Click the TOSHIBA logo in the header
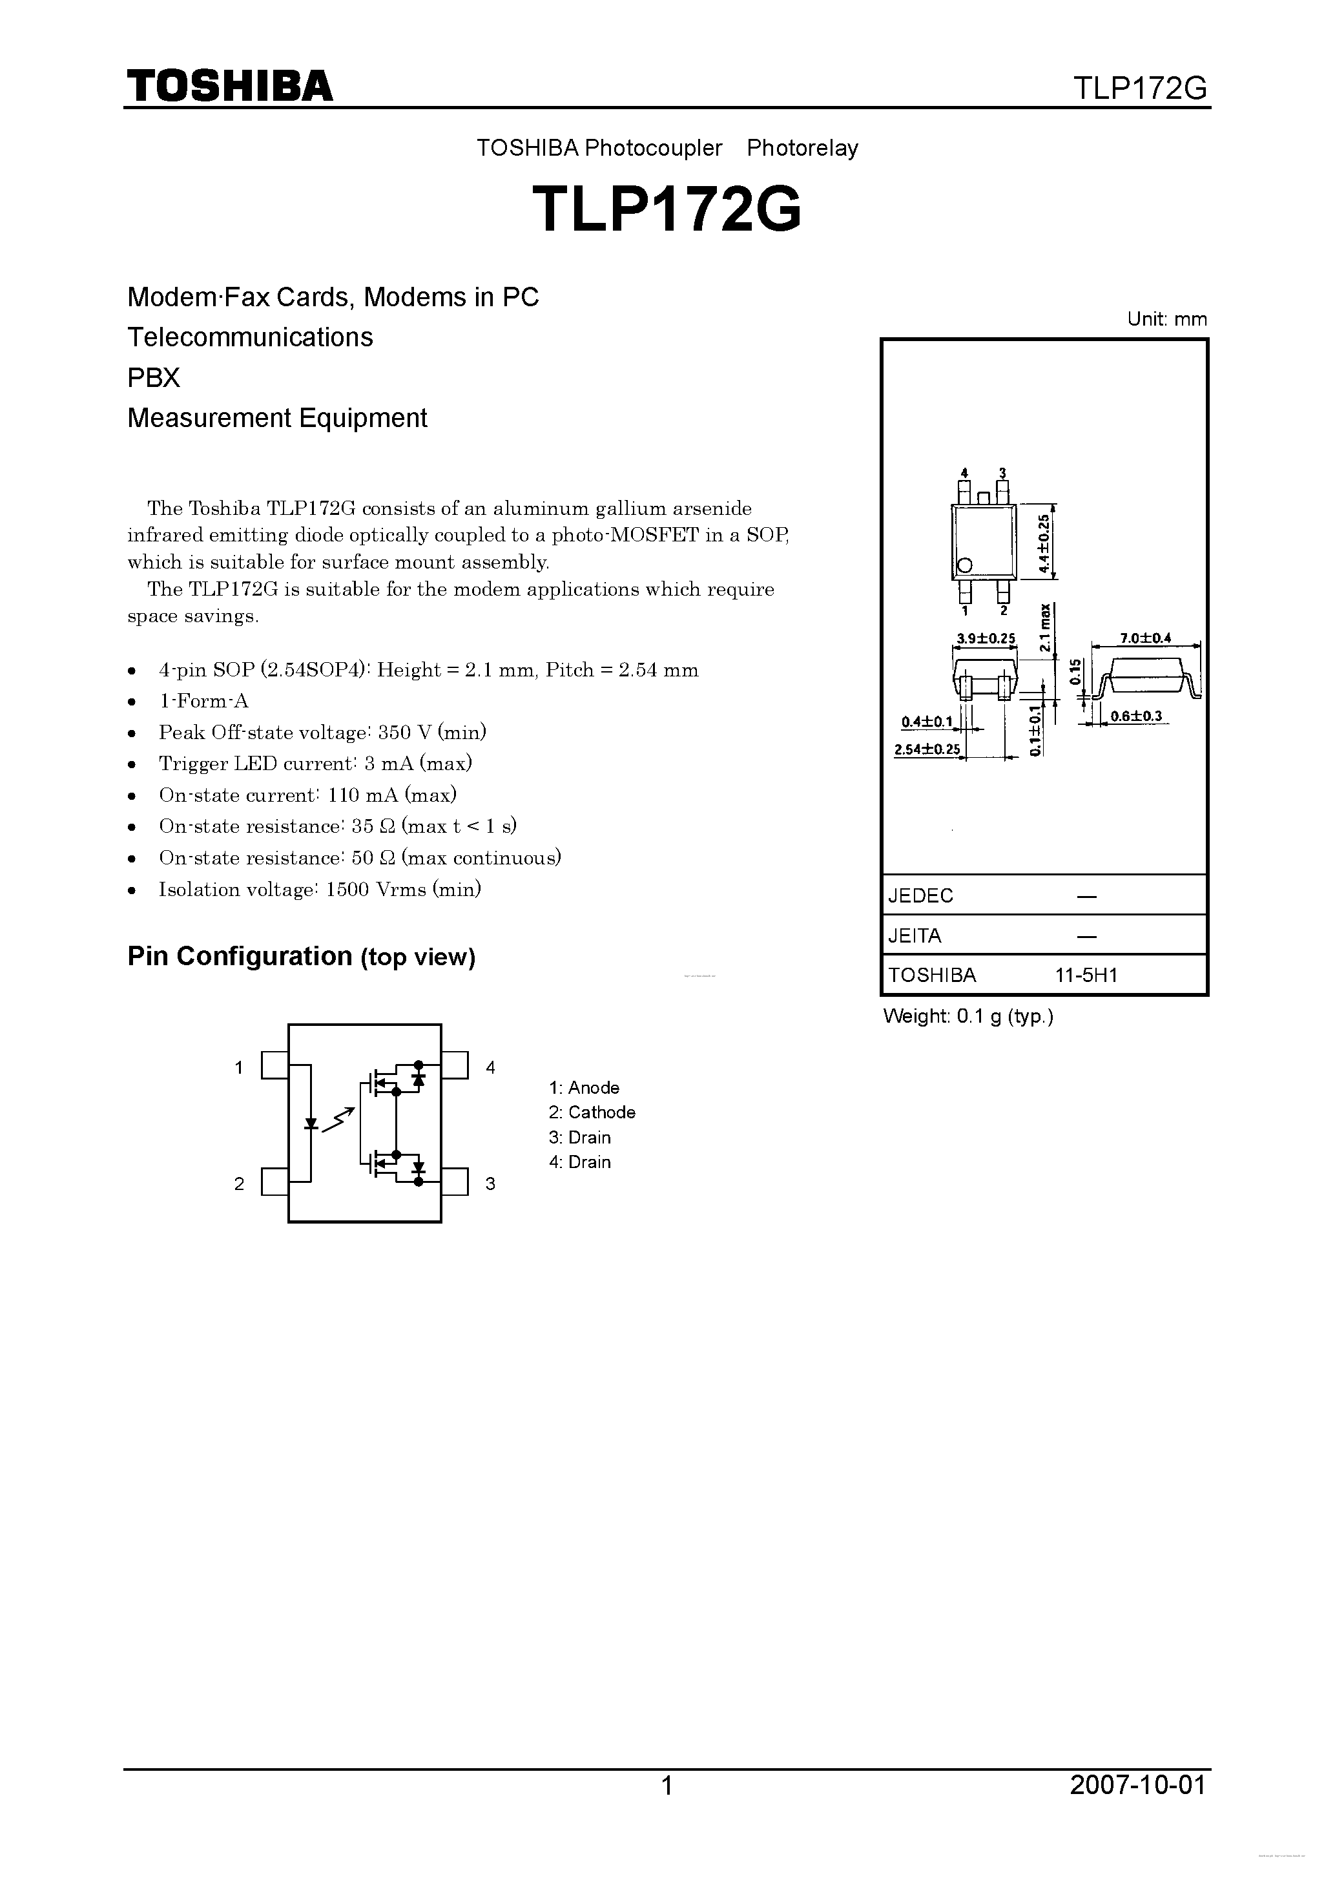click(x=229, y=85)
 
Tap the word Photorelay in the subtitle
click(x=802, y=148)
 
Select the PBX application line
click(x=154, y=378)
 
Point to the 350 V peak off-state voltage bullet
click(x=322, y=732)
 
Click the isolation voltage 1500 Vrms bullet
click(x=319, y=890)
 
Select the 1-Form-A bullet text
click(x=203, y=701)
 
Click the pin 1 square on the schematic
click(x=274, y=1065)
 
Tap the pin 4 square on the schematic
click(x=455, y=1065)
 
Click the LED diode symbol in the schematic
click(x=311, y=1123)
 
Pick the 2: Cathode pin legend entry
click(x=592, y=1112)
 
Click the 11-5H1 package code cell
click(x=1086, y=976)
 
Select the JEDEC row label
click(x=920, y=895)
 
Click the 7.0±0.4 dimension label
click(x=1145, y=638)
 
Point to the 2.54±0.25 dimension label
click(x=927, y=749)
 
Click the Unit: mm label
click(x=1167, y=319)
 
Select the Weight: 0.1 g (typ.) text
click(x=968, y=1016)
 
